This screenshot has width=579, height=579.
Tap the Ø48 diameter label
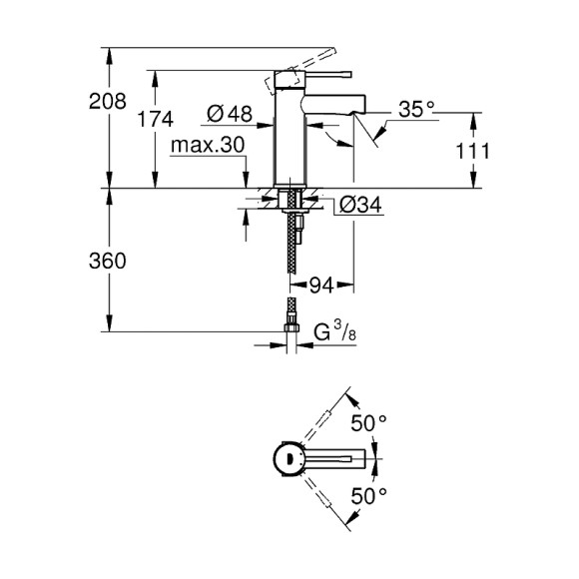(x=230, y=114)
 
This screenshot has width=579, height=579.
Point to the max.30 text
(x=208, y=146)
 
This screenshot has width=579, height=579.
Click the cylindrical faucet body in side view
(x=289, y=140)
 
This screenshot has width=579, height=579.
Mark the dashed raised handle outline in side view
(x=278, y=77)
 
